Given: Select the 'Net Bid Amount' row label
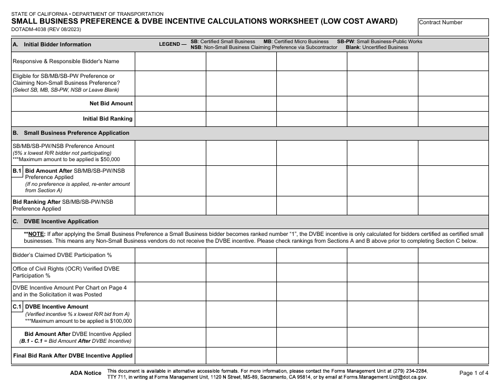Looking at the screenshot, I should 111,104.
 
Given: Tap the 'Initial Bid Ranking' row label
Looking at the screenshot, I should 107,119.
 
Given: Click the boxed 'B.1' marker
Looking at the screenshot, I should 17,171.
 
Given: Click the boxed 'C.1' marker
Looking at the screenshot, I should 17,306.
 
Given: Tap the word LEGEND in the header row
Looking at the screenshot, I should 169,45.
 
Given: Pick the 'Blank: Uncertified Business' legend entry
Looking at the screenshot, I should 377,47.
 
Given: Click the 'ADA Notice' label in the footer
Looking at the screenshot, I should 85,373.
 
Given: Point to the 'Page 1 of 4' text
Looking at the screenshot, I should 474,373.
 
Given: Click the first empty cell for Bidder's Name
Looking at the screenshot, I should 170,62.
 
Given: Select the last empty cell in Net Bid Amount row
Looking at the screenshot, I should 453,104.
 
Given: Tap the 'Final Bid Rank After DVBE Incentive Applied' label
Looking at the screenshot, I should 73,356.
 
